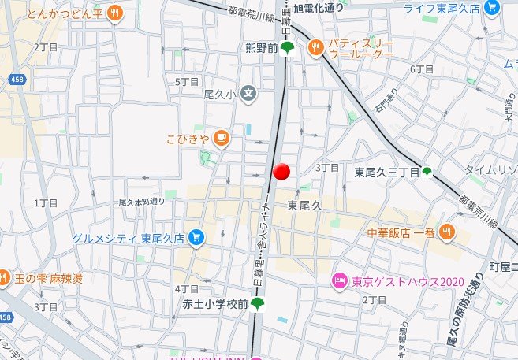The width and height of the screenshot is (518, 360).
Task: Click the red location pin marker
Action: (281, 172)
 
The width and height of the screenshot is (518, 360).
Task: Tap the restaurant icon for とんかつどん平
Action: (115, 13)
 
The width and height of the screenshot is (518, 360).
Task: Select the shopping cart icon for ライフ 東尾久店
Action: (493, 9)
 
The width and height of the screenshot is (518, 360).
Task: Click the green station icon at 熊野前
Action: (289, 48)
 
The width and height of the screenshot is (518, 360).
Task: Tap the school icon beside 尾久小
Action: (249, 94)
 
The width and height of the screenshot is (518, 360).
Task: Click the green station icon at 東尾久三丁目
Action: (427, 172)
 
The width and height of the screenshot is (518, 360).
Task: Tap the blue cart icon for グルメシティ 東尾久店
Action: (196, 237)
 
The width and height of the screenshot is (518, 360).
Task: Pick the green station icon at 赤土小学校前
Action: (258, 304)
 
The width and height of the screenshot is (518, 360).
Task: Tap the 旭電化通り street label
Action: (319, 9)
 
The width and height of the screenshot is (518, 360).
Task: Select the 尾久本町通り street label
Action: (142, 202)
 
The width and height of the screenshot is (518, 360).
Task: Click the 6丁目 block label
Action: (423, 69)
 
